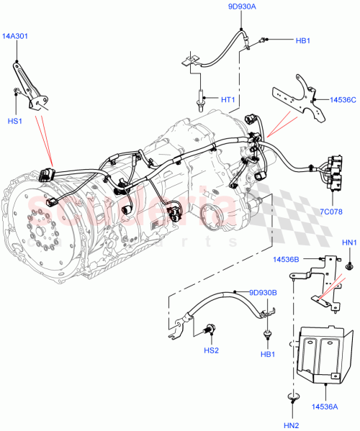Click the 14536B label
(x=287, y=258)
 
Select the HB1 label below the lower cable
(x=268, y=355)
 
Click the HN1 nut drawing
(x=348, y=266)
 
